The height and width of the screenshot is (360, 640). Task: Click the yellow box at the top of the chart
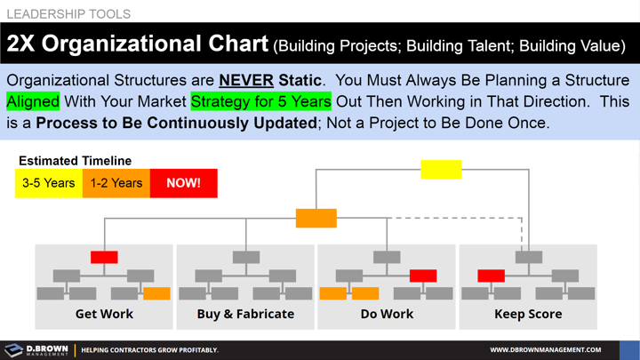(x=441, y=169)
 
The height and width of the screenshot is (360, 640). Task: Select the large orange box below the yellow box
(x=316, y=217)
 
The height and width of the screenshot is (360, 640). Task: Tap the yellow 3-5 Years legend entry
(x=49, y=183)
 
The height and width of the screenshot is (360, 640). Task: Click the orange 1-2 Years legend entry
(x=116, y=183)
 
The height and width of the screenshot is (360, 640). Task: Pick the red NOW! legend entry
(x=184, y=183)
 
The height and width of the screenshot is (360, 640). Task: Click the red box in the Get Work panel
(x=104, y=258)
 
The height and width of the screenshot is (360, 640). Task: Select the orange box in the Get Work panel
(x=156, y=293)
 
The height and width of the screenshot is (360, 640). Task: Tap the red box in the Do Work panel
(x=423, y=276)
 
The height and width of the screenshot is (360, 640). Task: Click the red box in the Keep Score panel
(x=492, y=276)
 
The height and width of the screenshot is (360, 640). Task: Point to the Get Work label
(x=104, y=314)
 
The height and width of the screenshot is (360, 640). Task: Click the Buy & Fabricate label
(x=245, y=314)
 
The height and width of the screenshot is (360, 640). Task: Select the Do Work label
(x=387, y=314)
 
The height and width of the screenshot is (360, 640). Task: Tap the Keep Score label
(x=528, y=314)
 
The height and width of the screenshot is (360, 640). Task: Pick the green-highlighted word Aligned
(x=33, y=101)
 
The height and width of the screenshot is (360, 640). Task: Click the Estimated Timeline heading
(x=75, y=161)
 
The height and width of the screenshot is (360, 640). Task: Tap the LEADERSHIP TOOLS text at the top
(x=68, y=14)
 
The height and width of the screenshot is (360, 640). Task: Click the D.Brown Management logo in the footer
(x=36, y=350)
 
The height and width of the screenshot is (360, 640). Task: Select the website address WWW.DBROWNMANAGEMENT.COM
(x=545, y=350)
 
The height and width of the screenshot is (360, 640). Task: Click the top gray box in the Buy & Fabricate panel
(x=245, y=258)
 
